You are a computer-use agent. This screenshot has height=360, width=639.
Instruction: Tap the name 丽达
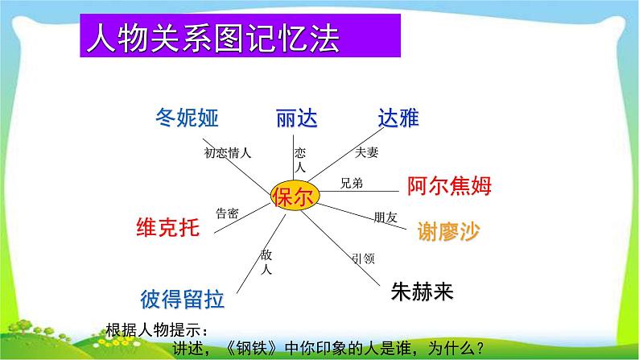coord(296,119)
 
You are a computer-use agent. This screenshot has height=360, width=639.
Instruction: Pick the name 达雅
coord(398,118)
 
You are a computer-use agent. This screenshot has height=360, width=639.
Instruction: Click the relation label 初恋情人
coord(228,152)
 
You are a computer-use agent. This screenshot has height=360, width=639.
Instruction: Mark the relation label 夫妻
coord(366,152)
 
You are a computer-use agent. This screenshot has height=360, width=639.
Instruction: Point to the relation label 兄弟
coord(352,183)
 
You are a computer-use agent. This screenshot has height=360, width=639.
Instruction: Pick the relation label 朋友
coord(385,217)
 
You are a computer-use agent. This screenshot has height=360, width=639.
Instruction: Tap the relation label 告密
coord(227,213)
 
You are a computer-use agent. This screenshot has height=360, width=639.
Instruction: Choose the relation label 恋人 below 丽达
coord(300,160)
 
